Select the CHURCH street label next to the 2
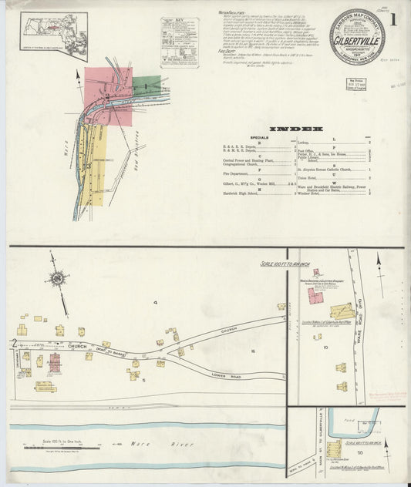pos(78,346)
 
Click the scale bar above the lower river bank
pos(54,446)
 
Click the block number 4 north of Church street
pos(154,303)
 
